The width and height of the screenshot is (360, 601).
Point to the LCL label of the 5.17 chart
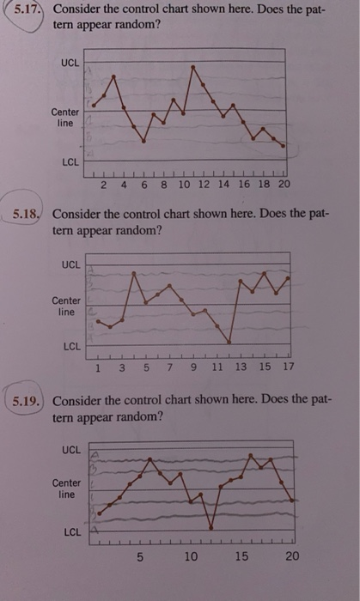(70, 161)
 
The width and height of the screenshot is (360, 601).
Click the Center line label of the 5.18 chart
(66, 307)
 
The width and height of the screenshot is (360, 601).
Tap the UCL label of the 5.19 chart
(70, 450)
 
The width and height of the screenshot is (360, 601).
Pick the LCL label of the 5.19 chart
(71, 533)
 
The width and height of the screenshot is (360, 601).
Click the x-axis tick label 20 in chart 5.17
(284, 185)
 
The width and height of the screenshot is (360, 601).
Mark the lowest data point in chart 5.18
(229, 343)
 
